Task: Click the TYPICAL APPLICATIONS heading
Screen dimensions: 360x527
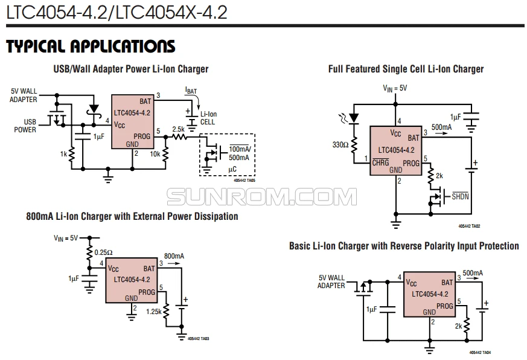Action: coord(91,47)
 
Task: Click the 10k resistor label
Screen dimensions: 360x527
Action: coord(155,154)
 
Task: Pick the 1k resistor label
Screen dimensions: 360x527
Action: coord(63,154)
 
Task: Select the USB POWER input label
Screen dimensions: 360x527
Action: coord(25,125)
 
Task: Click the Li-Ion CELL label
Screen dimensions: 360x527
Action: coord(208,118)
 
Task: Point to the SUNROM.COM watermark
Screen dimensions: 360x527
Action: coord(261,196)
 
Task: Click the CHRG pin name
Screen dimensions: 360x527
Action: coord(381,162)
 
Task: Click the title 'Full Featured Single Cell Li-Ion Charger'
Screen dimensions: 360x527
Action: coord(406,69)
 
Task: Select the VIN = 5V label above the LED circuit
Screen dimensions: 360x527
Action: coord(395,88)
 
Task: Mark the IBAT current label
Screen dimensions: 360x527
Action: coord(191,91)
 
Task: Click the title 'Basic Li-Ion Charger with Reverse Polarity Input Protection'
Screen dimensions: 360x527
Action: coord(404,246)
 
